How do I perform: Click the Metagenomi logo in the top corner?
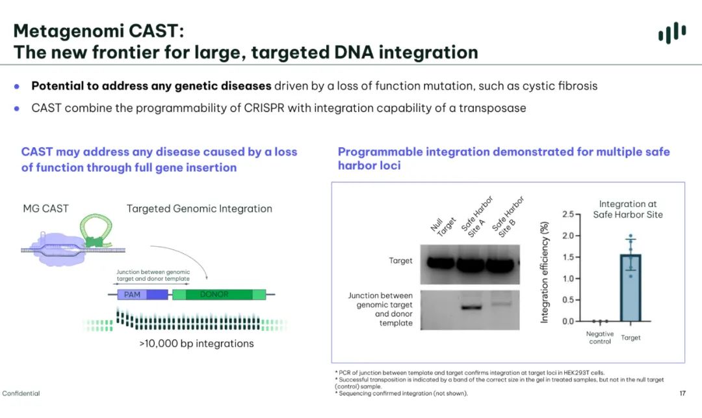coord(672,33)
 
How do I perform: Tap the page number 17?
coord(682,393)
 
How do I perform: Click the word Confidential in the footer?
coord(21,393)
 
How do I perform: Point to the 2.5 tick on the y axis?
coord(568,214)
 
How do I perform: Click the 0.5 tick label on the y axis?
coord(568,300)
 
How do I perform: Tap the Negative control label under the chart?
coord(599,337)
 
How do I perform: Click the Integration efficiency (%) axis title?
coord(545,272)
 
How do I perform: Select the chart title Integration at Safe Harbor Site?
coord(628,209)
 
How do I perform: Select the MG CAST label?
coord(45,208)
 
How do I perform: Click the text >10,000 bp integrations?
coord(196,343)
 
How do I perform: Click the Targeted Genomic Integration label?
coord(199,208)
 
